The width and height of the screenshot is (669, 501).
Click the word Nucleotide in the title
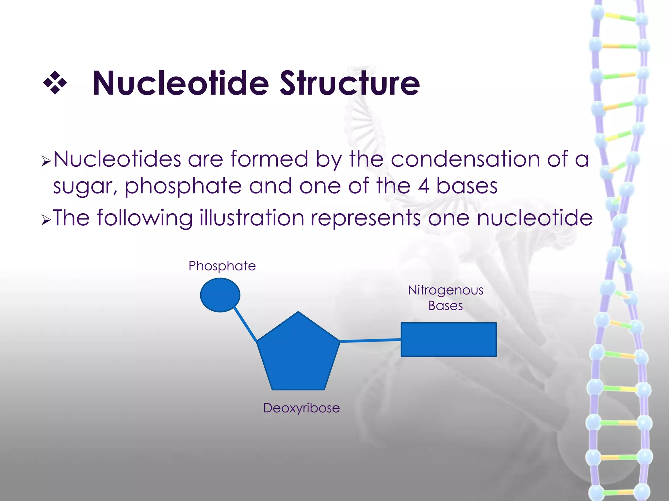click(x=180, y=83)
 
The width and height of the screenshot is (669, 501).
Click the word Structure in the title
click(x=350, y=83)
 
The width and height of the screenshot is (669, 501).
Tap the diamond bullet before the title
click(x=55, y=83)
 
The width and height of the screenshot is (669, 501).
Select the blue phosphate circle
click(x=220, y=295)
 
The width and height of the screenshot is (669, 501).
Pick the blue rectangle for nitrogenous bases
click(x=449, y=340)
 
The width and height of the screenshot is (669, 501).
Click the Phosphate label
click(x=222, y=266)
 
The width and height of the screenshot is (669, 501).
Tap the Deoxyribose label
click(x=301, y=408)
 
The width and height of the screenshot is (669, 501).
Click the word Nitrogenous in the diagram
click(x=446, y=290)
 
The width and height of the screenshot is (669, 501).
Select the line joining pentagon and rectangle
click(x=370, y=341)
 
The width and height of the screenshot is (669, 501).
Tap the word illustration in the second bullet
click(x=252, y=218)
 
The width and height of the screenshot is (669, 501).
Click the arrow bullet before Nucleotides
click(x=46, y=161)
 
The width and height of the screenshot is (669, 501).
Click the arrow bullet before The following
click(x=46, y=220)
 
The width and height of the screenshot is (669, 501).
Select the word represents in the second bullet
click(x=365, y=218)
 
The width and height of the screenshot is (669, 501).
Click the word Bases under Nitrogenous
click(x=446, y=306)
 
